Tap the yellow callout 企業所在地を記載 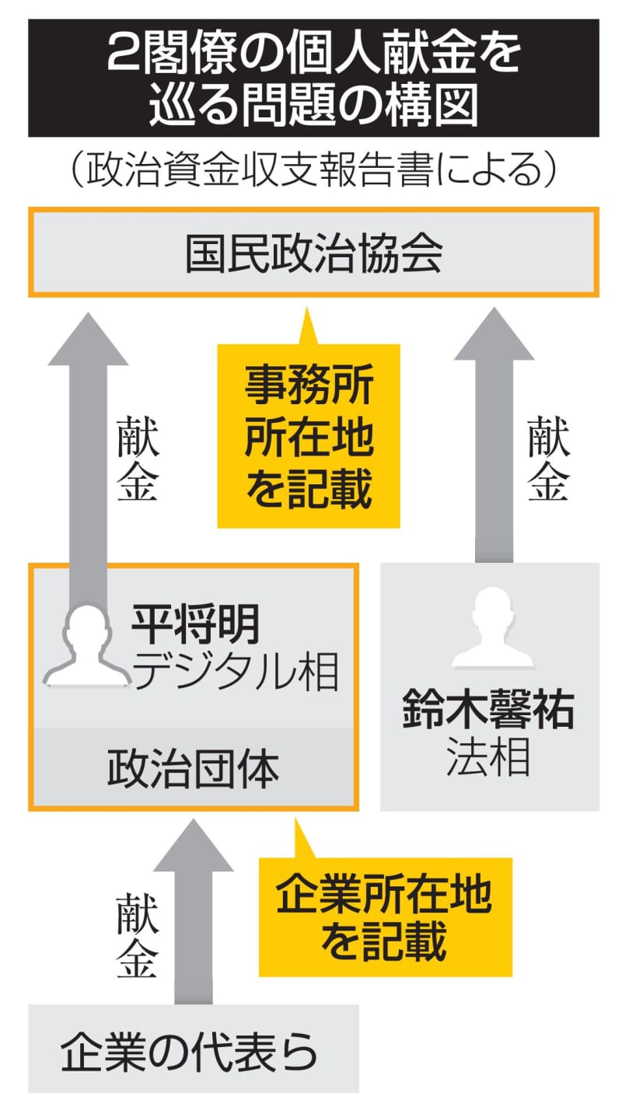pos(385,918)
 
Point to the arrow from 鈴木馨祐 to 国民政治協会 pos(494,435)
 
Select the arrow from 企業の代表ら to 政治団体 pos(194,910)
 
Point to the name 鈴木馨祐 pos(488,711)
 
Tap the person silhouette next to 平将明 pos(87,645)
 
